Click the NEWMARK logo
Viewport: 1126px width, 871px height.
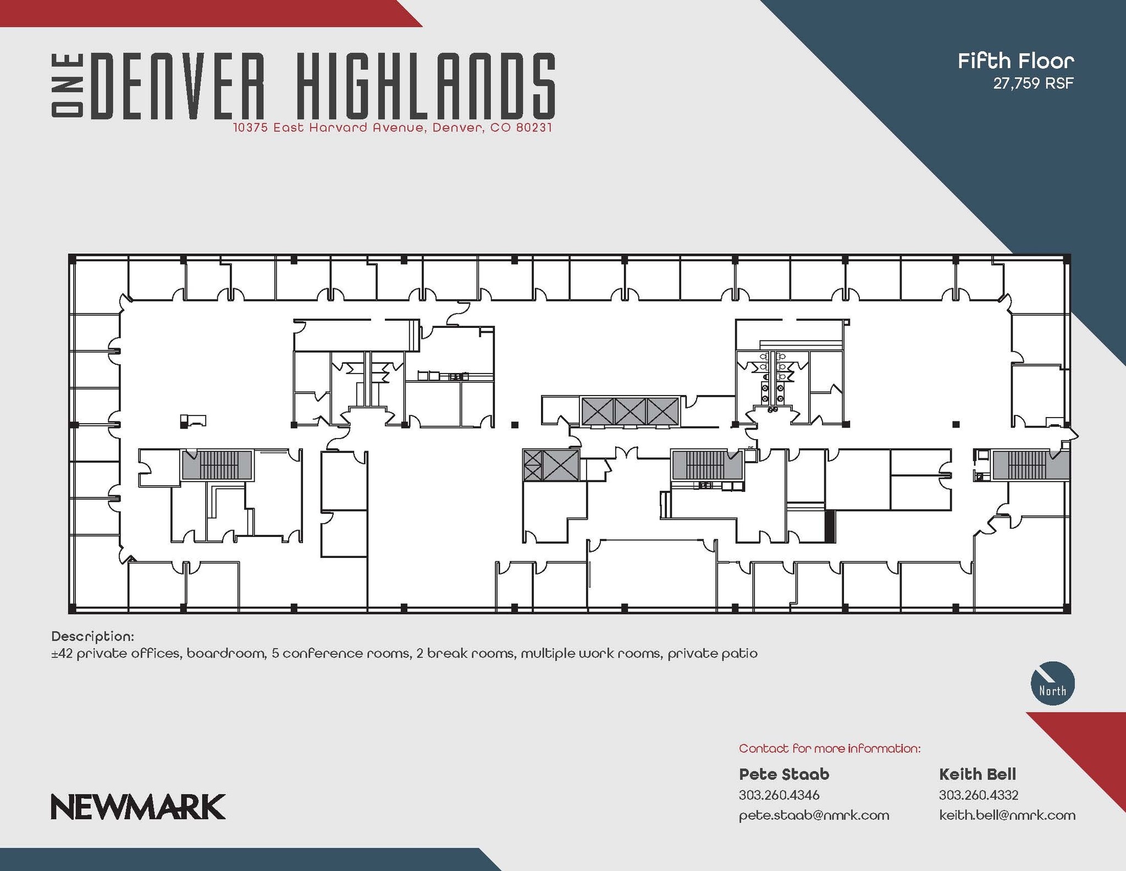click(138, 807)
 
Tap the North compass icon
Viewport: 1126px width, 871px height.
click(1052, 683)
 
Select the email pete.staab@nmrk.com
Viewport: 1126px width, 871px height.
click(814, 815)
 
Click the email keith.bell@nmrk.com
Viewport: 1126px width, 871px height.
click(1007, 815)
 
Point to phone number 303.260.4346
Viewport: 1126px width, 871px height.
click(779, 795)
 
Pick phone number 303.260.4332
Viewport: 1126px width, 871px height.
click(979, 795)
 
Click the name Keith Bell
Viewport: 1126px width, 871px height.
click(978, 774)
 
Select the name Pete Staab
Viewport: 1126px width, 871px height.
click(784, 774)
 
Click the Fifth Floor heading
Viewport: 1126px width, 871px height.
click(1015, 61)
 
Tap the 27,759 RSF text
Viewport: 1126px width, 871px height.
click(1033, 83)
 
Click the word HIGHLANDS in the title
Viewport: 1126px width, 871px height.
click(426, 86)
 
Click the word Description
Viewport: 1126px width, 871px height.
click(92, 637)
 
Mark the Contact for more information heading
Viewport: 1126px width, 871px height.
click(830, 748)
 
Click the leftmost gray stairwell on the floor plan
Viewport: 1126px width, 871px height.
click(217, 465)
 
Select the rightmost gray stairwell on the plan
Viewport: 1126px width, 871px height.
click(1030, 465)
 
